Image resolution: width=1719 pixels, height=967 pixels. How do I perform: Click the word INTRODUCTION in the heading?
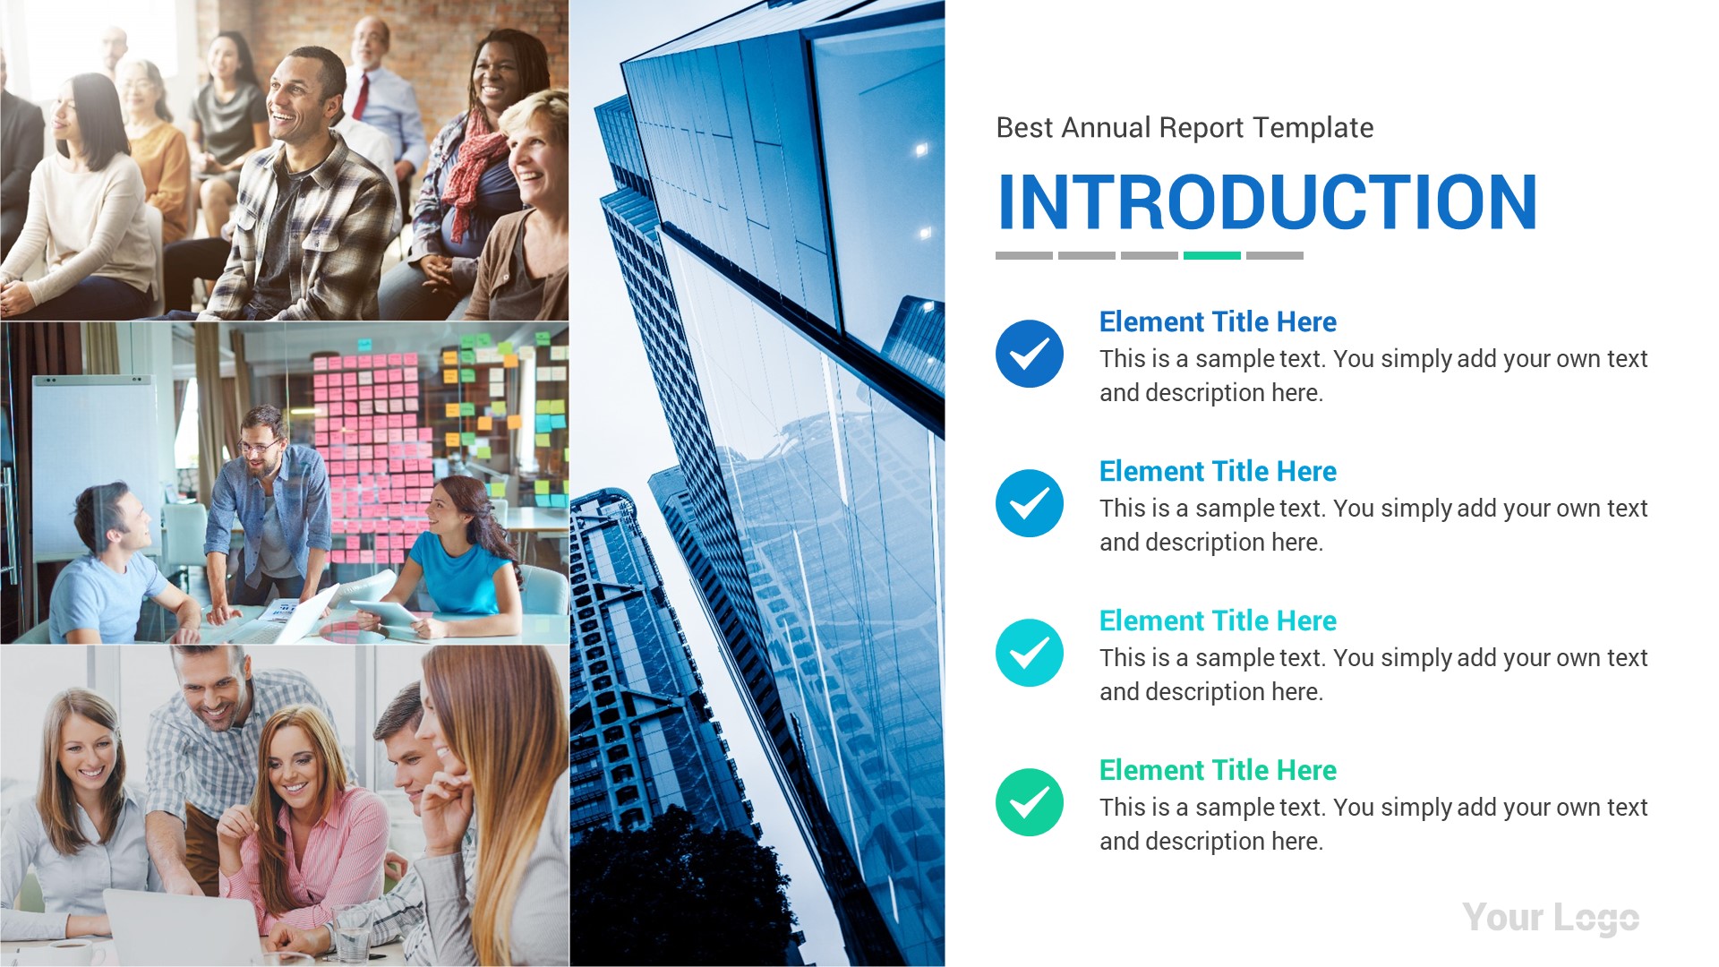(1267, 202)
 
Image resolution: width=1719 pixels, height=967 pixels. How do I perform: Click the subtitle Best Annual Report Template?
(1184, 128)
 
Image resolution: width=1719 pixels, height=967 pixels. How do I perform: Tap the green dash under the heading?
(1211, 256)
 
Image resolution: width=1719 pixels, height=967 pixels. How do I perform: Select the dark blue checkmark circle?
(1030, 354)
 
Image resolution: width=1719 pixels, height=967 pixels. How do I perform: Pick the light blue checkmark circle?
(1030, 503)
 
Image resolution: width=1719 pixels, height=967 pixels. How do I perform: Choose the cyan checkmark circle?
(1030, 653)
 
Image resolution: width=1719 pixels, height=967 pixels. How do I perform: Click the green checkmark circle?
(1030, 802)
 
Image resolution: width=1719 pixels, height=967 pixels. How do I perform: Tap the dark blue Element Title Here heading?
(1218, 321)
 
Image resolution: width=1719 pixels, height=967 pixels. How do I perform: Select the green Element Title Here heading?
(1218, 770)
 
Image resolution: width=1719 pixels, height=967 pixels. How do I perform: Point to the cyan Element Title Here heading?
(1218, 620)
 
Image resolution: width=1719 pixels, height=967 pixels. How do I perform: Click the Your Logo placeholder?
(1551, 918)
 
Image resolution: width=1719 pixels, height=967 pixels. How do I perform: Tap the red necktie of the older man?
(361, 97)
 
